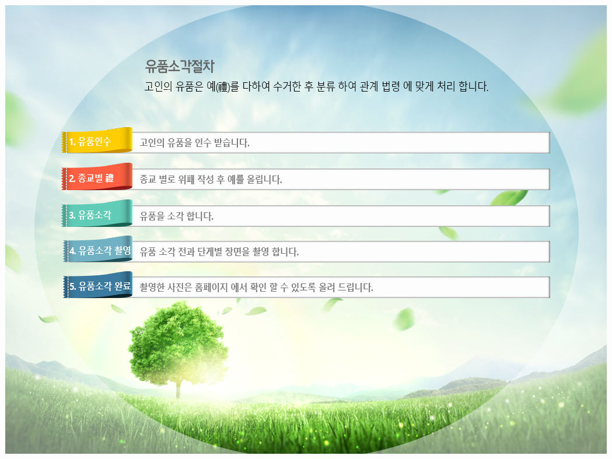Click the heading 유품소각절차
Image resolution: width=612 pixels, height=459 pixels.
pyautogui.click(x=180, y=66)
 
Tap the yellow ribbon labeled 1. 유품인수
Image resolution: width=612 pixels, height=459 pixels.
pyautogui.click(x=97, y=140)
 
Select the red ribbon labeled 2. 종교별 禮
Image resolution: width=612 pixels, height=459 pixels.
pyautogui.click(x=97, y=177)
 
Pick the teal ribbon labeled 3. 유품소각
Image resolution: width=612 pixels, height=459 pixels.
pyautogui.click(x=97, y=213)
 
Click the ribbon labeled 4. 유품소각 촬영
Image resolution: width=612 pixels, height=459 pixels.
pyautogui.click(x=97, y=249)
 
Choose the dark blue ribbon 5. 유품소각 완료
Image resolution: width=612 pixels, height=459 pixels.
pyautogui.click(x=97, y=285)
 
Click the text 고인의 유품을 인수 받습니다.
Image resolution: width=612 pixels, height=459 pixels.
pyautogui.click(x=194, y=143)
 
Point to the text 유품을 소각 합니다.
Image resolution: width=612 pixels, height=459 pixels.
pyautogui.click(x=176, y=216)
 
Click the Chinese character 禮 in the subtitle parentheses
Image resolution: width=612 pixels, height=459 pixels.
pyautogui.click(x=223, y=86)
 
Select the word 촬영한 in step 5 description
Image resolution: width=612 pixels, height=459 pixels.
pyautogui.click(x=152, y=288)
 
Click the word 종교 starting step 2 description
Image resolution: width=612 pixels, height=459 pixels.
pyautogui.click(x=148, y=180)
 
